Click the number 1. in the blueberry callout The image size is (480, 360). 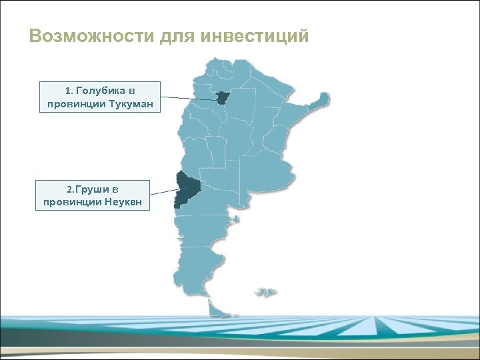coord(69,90)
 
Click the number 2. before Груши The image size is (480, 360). coord(73,189)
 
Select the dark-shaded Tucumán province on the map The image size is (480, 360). coord(221,97)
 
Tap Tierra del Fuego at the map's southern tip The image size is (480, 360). coord(218,309)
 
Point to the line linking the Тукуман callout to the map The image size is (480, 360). coord(190,99)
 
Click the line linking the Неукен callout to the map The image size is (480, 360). coord(163,191)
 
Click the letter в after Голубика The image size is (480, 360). coord(132,90)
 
